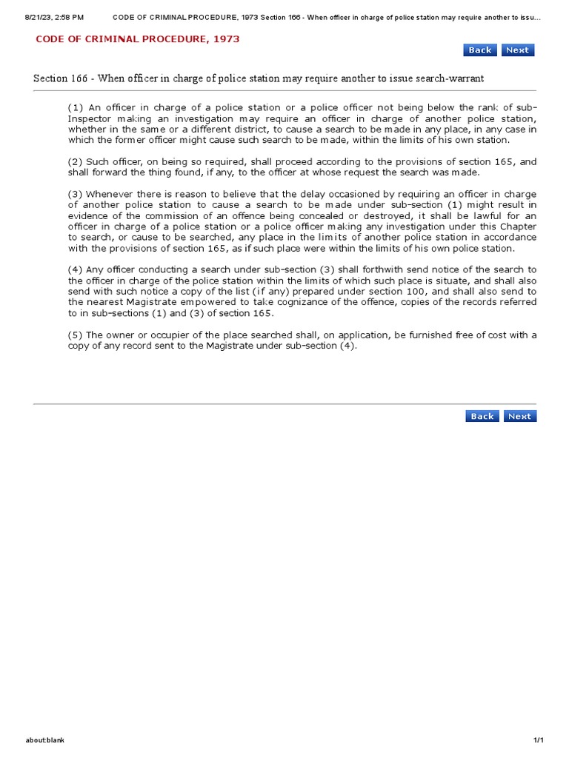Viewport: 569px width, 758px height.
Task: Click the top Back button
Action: coord(479,50)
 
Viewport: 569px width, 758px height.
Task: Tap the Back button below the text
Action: coord(482,416)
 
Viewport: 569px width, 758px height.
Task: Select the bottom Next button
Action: coord(519,416)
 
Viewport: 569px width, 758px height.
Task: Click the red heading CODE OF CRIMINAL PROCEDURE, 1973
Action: coord(138,38)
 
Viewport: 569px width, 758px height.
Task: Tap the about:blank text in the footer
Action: coord(45,740)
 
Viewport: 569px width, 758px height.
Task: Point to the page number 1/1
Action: coord(539,740)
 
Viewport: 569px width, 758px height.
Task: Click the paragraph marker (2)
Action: coord(76,161)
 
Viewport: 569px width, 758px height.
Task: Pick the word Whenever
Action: coord(111,194)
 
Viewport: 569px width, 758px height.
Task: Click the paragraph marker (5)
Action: coord(76,335)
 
